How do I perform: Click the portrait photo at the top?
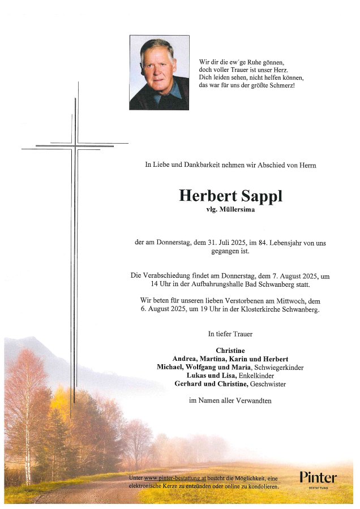[159, 72]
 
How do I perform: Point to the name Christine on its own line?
[230, 351]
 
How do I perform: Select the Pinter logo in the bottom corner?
[318, 478]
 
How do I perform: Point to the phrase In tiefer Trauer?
[230, 334]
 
